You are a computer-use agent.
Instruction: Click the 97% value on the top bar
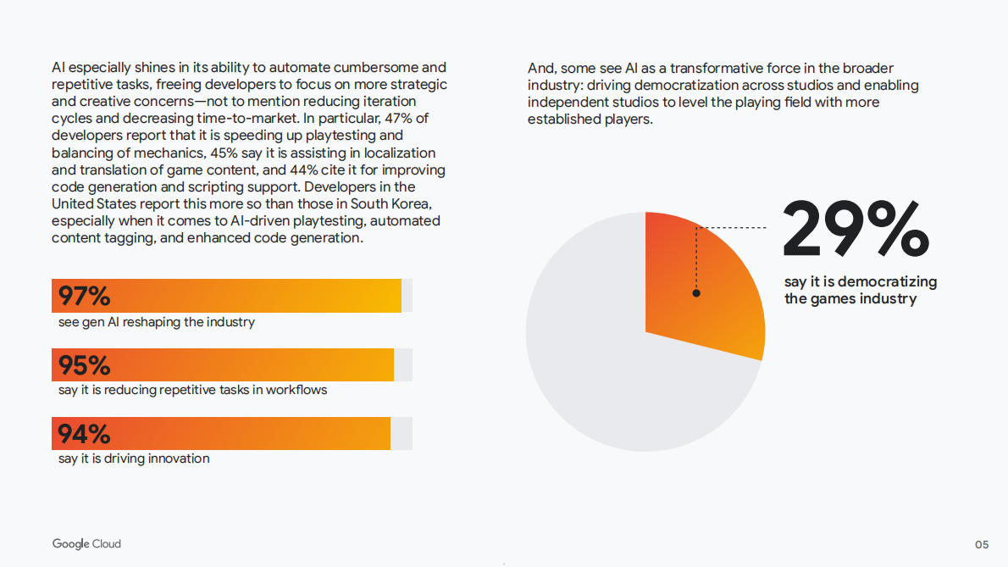click(x=84, y=297)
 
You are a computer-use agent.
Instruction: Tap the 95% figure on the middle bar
click(x=84, y=365)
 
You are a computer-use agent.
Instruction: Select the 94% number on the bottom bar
click(x=84, y=434)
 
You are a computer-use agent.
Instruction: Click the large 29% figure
click(x=856, y=229)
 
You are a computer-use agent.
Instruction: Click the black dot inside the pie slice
click(x=696, y=293)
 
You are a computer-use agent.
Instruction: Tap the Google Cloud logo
click(x=86, y=543)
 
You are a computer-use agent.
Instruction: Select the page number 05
click(x=981, y=544)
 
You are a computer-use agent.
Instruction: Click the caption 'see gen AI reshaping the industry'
click(x=157, y=322)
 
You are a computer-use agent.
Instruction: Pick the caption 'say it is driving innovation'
click(x=134, y=459)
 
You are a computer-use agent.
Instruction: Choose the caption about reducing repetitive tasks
click(x=192, y=390)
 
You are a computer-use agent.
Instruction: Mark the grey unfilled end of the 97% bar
click(x=407, y=296)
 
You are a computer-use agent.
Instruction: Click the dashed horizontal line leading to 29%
click(x=733, y=227)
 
